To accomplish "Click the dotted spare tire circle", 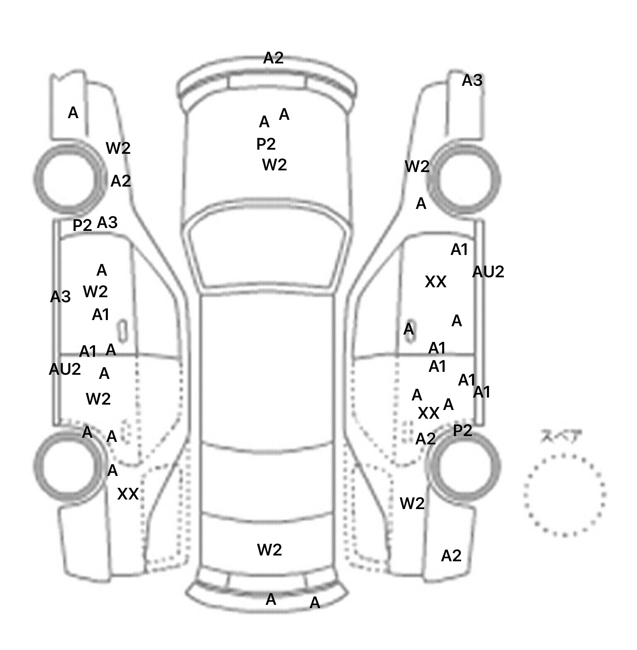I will (x=564, y=494).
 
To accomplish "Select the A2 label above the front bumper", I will (x=273, y=58).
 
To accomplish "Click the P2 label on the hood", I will (x=266, y=144).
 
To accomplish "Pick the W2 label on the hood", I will (x=275, y=165).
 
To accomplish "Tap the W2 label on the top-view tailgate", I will (x=270, y=550).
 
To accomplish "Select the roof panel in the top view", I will (x=267, y=369).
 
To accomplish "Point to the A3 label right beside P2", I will (x=107, y=223).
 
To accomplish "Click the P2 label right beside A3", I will (x=82, y=226).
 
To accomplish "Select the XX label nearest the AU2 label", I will (x=435, y=282).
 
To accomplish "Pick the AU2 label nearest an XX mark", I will (x=488, y=272).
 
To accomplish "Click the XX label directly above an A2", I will (x=428, y=413).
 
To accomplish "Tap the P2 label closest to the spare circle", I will (x=462, y=431).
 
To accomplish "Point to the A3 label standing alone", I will (x=472, y=80).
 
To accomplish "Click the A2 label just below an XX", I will (x=425, y=439).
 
